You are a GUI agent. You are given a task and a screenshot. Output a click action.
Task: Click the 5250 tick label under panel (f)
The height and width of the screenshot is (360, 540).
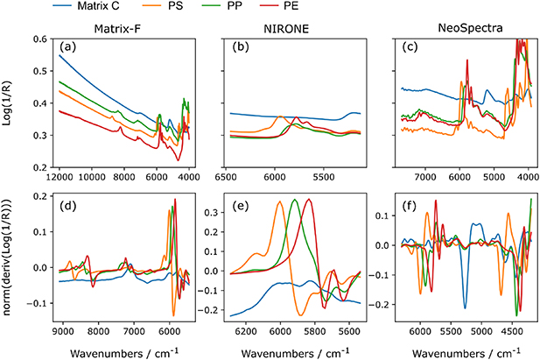pos(465,333)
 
